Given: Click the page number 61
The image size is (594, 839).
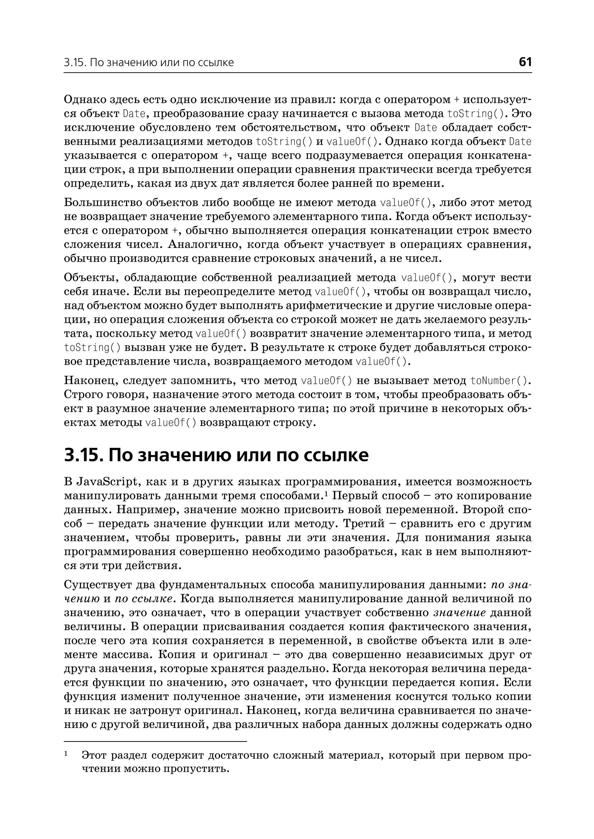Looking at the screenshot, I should point(525,62).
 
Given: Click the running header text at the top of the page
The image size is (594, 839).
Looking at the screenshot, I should point(149,63).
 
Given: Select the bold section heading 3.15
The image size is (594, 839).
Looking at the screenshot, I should point(216,455).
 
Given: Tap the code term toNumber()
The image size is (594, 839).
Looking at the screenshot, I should point(500,381).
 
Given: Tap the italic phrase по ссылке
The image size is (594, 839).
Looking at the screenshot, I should point(143,599).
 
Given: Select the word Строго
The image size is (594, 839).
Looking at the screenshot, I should point(80,395).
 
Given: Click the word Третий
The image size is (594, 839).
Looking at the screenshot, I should point(364,524).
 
